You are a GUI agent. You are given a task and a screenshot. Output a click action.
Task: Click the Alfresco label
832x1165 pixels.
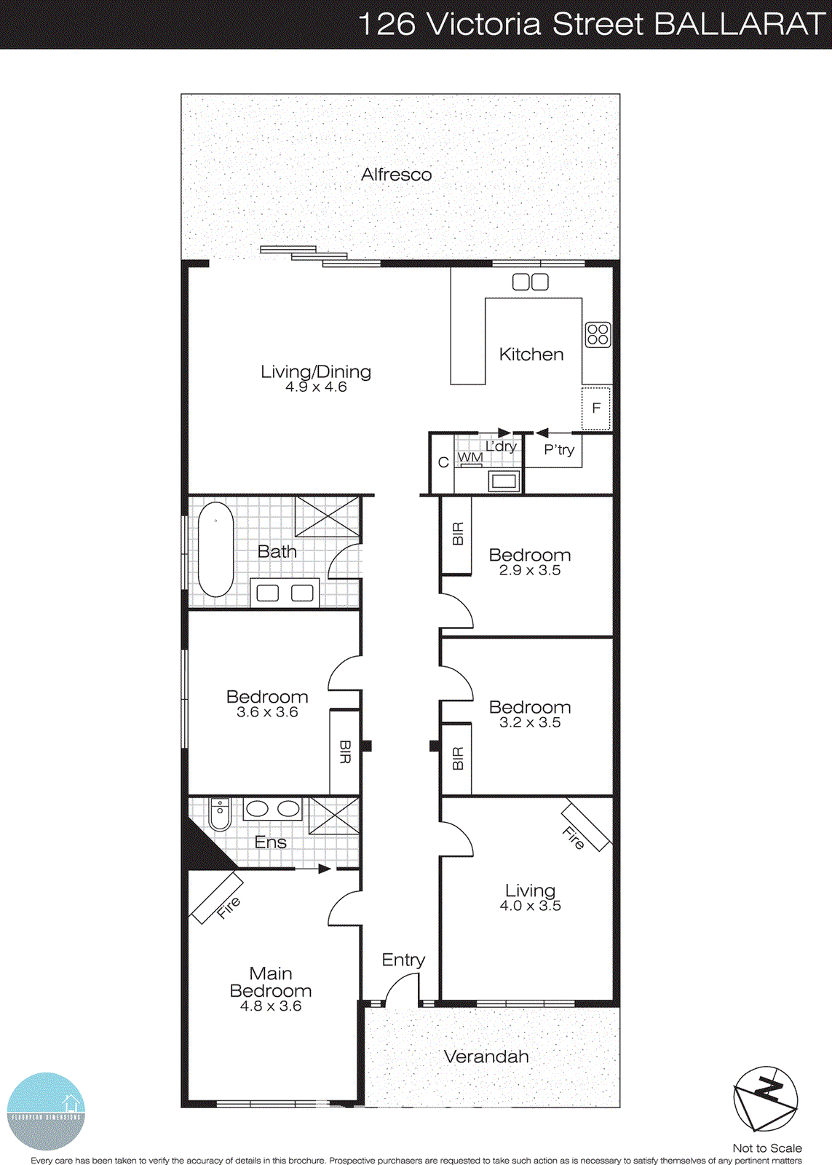point(397,175)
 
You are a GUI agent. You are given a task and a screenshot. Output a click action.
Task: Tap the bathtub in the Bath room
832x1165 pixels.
point(215,549)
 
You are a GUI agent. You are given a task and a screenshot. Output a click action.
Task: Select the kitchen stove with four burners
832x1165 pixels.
point(598,335)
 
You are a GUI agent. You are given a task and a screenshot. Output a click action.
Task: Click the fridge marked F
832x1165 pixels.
point(596,408)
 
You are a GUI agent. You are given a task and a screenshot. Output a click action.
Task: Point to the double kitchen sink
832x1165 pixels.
point(531,282)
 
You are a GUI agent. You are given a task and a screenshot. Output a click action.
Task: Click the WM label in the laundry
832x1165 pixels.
point(470,457)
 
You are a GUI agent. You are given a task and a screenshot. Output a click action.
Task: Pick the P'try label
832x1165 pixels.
point(559,450)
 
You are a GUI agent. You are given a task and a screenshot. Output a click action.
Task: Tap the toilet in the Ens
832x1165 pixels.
point(219,814)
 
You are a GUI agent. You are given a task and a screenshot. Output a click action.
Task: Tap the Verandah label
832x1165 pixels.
point(486,1057)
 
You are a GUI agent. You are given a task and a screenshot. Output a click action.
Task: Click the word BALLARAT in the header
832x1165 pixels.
point(739,25)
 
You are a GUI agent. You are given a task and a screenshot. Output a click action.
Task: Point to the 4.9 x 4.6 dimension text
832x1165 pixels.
point(316,387)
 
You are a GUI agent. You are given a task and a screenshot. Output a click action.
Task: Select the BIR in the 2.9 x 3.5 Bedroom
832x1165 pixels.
point(456,534)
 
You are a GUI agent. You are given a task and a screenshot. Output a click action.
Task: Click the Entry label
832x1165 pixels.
point(403,960)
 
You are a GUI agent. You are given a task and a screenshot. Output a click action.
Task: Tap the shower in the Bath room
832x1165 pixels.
point(328,516)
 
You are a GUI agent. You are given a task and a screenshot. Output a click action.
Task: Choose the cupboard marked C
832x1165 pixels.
point(443,462)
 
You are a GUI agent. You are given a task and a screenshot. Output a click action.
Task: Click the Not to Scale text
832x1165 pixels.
point(767,1148)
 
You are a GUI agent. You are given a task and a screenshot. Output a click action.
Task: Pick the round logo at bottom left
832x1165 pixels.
point(46,1111)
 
